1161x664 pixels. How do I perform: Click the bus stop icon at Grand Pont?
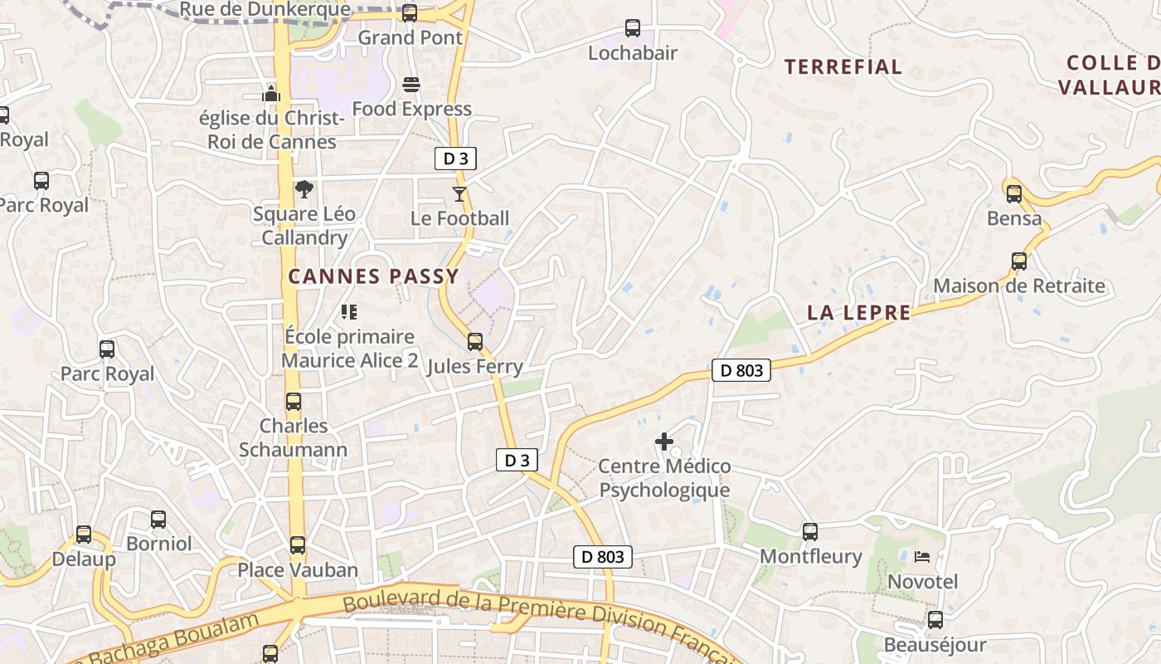(409, 13)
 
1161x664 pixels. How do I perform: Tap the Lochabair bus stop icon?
(633, 28)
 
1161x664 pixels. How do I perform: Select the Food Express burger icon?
(411, 85)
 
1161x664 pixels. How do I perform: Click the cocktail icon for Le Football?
(459, 194)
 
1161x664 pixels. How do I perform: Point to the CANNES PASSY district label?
(373, 276)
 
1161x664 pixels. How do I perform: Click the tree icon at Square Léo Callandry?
(304, 189)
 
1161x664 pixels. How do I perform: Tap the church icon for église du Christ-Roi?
(271, 93)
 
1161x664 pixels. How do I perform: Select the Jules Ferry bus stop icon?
(475, 342)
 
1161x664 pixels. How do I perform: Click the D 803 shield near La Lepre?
(741, 370)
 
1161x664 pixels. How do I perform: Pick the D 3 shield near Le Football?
(455, 159)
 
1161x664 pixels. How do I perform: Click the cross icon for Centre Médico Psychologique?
(664, 442)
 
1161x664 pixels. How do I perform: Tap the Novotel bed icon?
(922, 557)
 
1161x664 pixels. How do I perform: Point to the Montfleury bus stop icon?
(810, 532)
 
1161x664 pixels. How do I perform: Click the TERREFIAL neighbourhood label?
(843, 67)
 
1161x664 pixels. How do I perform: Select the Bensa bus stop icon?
(1014, 194)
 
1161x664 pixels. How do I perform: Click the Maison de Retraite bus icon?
(1019, 261)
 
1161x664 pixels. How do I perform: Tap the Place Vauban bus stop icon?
(298, 545)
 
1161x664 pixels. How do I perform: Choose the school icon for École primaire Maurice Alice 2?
(349, 312)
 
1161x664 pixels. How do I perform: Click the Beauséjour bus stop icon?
(935, 620)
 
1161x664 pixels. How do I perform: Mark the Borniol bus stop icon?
(158, 520)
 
